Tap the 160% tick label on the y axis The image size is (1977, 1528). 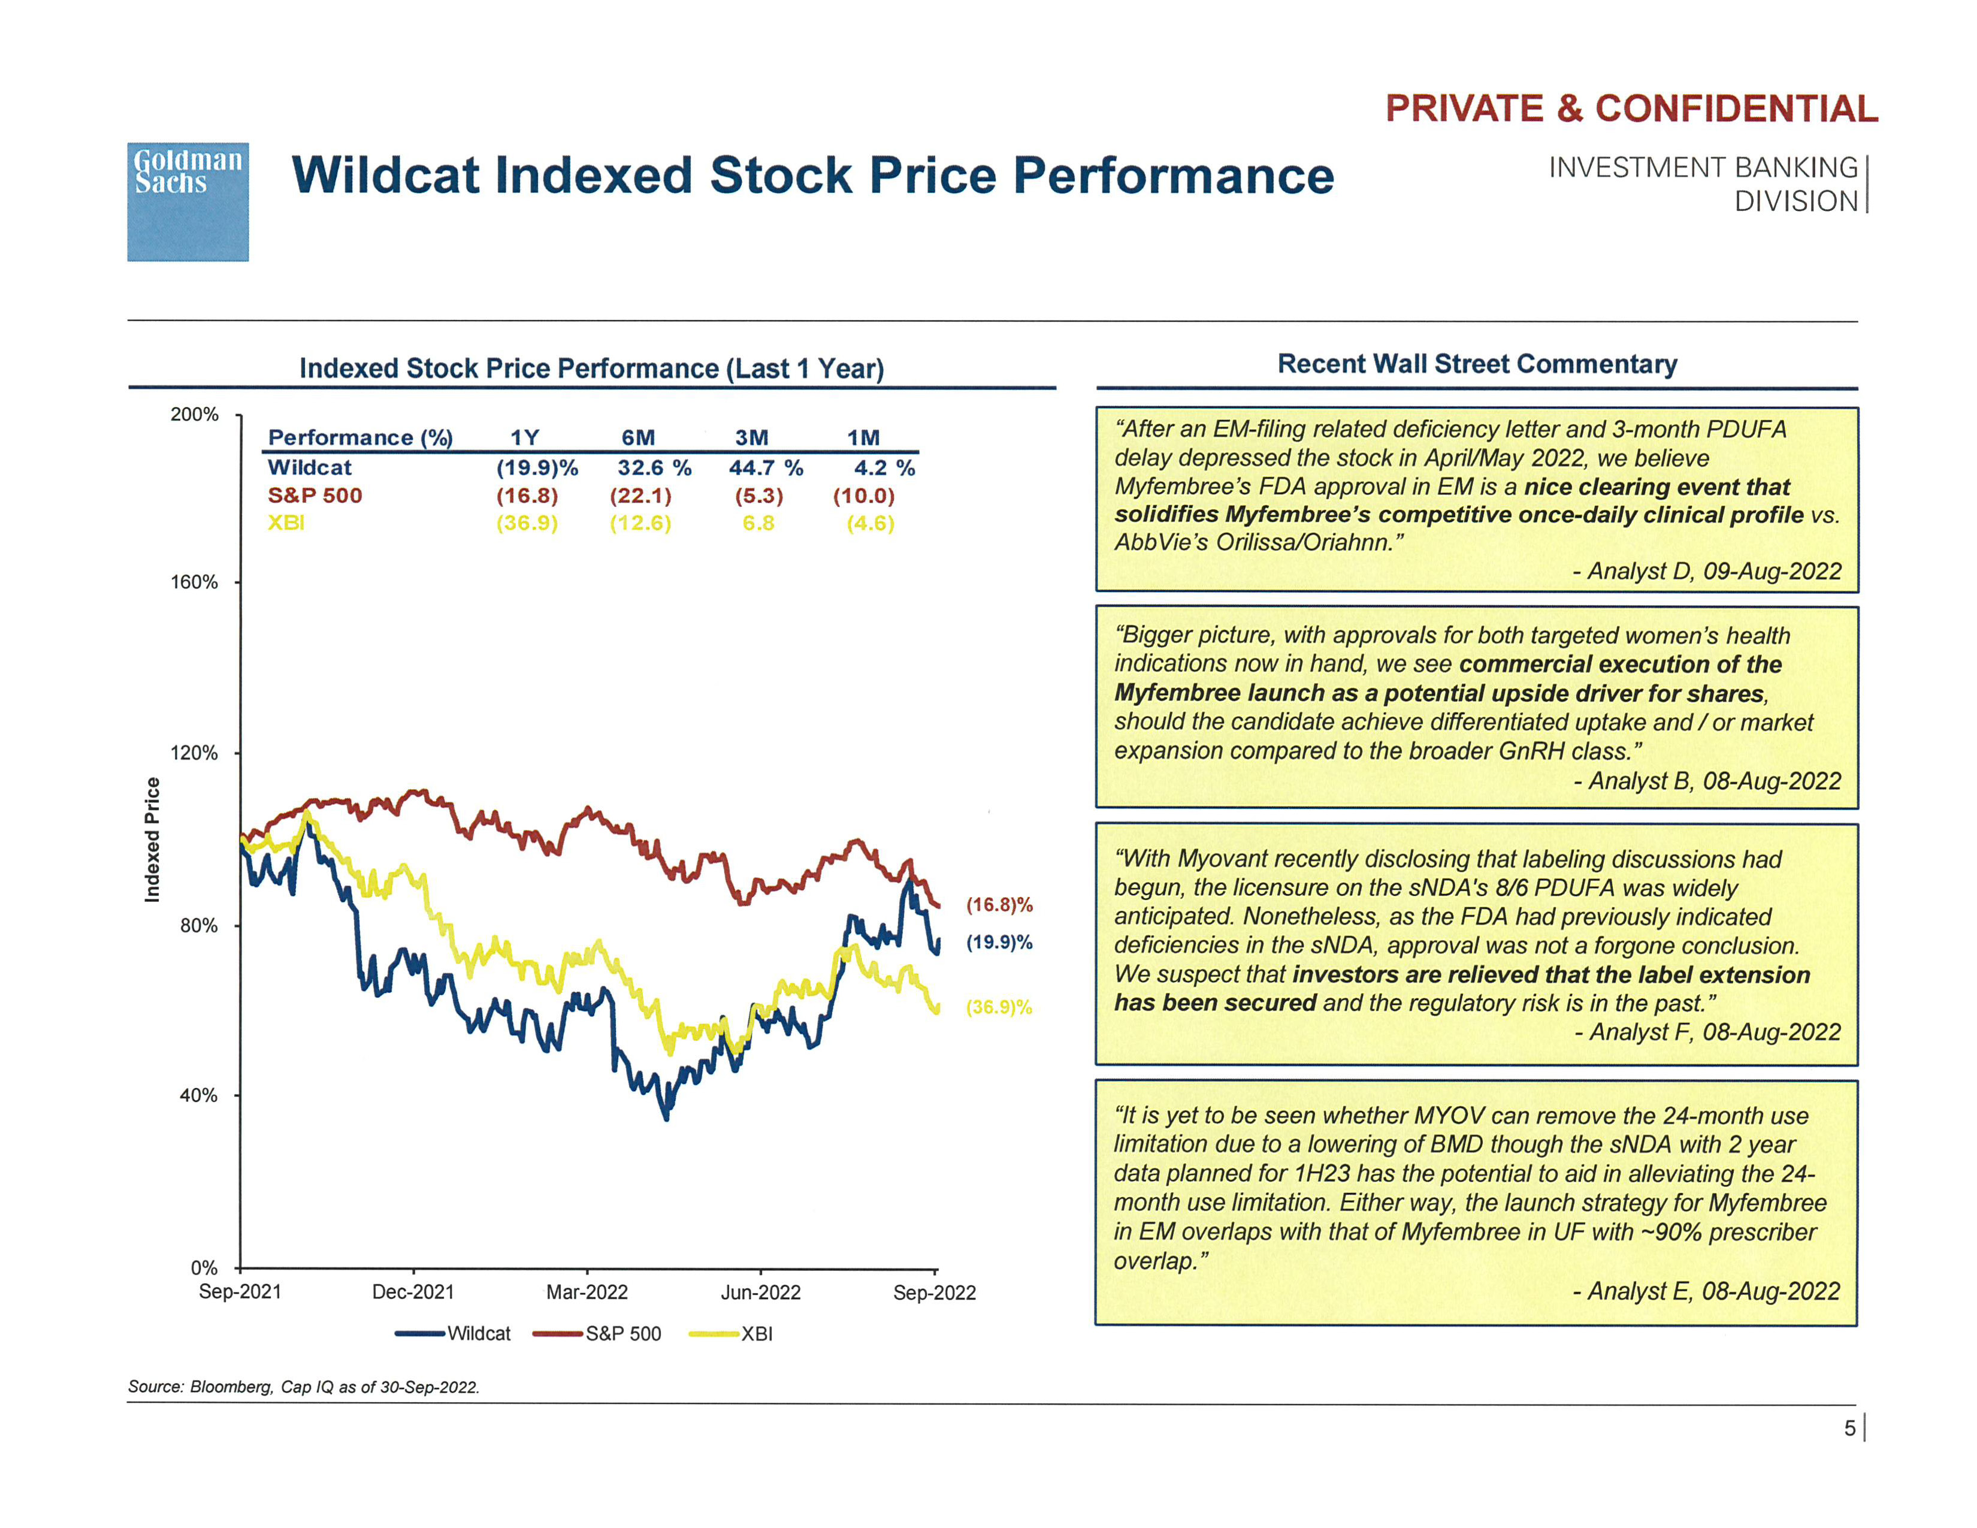[195, 582]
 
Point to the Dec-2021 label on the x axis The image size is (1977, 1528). [413, 1292]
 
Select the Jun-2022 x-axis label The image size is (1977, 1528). [760, 1292]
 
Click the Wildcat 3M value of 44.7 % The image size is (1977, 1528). [766, 468]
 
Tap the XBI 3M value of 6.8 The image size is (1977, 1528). [758, 523]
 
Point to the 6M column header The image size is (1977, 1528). [638, 438]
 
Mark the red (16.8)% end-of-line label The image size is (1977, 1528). [999, 904]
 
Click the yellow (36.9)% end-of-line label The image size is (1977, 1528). [999, 1007]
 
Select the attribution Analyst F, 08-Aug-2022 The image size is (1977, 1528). [1708, 1032]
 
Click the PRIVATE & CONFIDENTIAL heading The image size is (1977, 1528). [1631, 108]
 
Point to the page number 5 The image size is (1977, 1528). [1849, 1427]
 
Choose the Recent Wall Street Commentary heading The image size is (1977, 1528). [1476, 364]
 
